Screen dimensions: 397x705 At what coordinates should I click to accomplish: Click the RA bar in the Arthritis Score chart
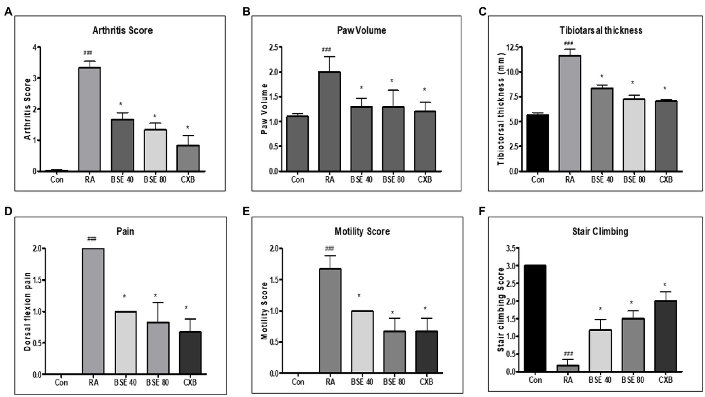click(x=90, y=119)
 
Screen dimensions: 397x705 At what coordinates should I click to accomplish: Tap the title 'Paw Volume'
click(x=361, y=30)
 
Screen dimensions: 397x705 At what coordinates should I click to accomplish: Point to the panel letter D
click(x=8, y=212)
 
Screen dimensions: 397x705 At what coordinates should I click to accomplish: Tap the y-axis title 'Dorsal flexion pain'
click(x=28, y=311)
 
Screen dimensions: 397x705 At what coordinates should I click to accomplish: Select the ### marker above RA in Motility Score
click(x=330, y=249)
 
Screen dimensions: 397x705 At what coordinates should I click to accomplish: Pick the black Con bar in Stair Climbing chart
click(x=535, y=318)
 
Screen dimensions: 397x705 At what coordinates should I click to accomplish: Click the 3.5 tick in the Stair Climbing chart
click(x=509, y=249)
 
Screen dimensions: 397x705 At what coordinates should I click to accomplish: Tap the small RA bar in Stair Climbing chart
click(x=568, y=368)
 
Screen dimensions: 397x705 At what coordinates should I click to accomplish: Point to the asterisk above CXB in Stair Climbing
click(x=665, y=285)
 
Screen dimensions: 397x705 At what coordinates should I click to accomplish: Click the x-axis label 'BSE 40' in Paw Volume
click(x=361, y=179)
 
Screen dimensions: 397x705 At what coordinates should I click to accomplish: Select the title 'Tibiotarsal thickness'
click(x=600, y=30)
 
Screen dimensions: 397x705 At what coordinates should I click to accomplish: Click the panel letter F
click(x=481, y=212)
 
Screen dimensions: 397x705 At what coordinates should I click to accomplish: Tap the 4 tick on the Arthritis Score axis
click(x=34, y=47)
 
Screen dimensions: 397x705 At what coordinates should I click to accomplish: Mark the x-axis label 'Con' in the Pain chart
click(x=61, y=383)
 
